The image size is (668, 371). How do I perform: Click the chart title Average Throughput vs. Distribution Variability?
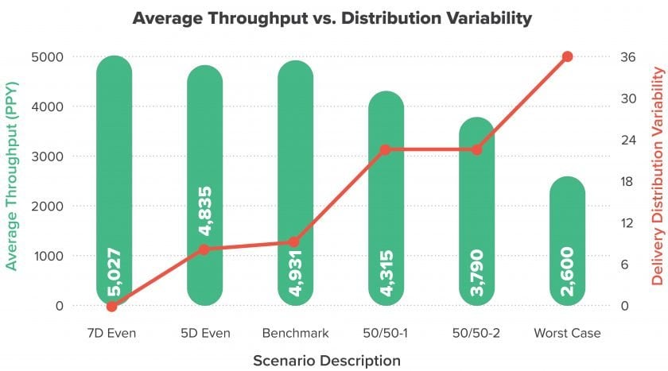click(332, 18)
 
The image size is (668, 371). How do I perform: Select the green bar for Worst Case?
click(567, 241)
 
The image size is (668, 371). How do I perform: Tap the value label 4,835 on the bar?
click(205, 211)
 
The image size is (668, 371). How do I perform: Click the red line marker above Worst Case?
click(567, 56)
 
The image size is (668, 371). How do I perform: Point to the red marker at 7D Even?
click(111, 306)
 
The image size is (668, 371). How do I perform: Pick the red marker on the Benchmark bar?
click(294, 242)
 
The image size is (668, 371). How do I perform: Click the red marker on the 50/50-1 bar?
click(385, 150)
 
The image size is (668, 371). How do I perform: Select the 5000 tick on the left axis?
click(47, 57)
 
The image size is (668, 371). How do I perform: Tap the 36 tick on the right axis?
click(627, 57)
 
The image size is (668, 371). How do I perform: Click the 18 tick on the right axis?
click(627, 182)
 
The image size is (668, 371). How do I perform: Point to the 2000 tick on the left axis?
click(47, 207)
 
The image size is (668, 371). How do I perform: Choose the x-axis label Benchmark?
click(295, 333)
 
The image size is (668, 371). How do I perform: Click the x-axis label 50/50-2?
click(476, 333)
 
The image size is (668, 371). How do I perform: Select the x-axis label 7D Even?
click(111, 333)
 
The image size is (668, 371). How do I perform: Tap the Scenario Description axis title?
click(327, 361)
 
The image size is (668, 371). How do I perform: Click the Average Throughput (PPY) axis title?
click(11, 176)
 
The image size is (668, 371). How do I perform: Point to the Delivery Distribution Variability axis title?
click(658, 176)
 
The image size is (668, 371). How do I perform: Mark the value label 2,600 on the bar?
click(567, 272)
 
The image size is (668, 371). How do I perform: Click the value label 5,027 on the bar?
click(114, 272)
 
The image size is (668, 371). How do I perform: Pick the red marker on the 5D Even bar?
click(204, 249)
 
